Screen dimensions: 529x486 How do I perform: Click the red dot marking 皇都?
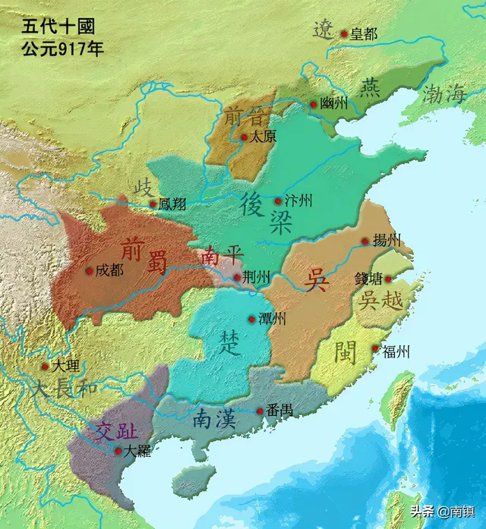343,33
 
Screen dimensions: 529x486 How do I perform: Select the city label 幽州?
334,105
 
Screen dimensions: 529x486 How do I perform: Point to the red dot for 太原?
244,137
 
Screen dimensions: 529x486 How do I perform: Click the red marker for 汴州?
278,201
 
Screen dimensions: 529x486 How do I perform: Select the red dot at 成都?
90,270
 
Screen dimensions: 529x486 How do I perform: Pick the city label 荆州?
256,278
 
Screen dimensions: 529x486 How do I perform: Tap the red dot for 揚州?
365,241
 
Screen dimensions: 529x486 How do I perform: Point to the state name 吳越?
381,301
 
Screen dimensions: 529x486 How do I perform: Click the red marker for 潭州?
252,319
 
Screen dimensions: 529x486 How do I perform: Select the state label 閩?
346,351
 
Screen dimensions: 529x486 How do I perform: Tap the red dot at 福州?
375,349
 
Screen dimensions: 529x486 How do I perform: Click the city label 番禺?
279,411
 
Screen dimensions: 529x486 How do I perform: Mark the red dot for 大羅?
118,450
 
